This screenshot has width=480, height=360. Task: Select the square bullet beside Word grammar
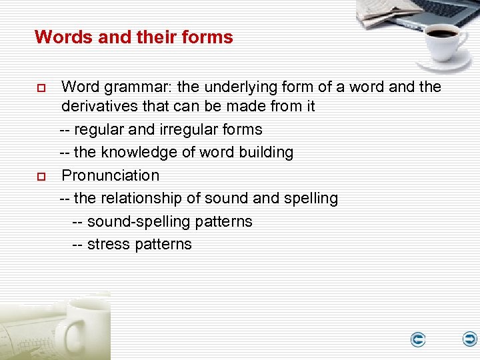[40, 88]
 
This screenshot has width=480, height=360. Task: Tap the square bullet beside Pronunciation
[40, 177]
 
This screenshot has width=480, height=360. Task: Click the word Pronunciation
[111, 175]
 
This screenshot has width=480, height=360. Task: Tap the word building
[267, 152]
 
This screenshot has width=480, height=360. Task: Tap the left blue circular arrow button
[418, 340]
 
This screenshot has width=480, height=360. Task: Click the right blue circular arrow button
[470, 339]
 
